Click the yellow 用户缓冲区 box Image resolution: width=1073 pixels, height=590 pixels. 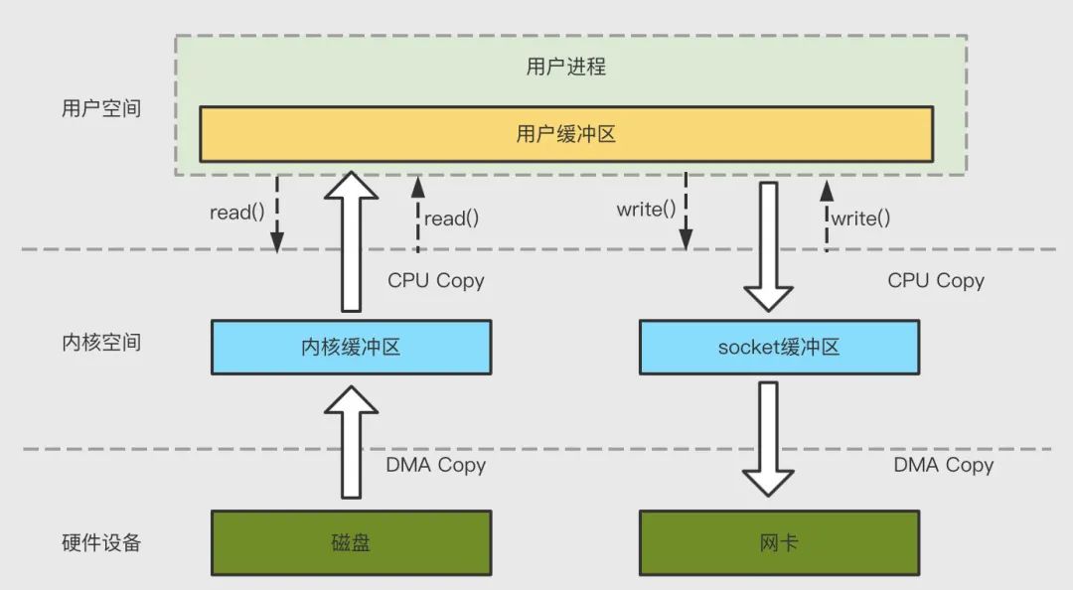[565, 134]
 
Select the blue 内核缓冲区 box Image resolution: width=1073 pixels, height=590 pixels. [351, 347]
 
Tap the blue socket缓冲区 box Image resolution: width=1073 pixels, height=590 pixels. [779, 347]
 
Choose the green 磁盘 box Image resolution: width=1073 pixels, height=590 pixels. [351, 543]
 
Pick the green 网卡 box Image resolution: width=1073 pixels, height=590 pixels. [779, 543]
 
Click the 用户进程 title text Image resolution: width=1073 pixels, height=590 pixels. [565, 68]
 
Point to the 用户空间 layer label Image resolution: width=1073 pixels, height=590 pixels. [101, 108]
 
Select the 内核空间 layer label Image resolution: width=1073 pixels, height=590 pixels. [101, 343]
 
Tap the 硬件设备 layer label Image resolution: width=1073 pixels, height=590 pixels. [101, 542]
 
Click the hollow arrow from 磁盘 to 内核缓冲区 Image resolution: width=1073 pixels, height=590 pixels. [351, 442]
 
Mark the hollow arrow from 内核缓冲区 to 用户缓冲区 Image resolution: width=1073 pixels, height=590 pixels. [351, 243]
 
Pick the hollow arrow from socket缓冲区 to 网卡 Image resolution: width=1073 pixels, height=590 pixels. [769, 437]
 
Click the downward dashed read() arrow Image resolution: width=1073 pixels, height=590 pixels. [277, 214]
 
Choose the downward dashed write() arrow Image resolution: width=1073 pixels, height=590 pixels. [686, 214]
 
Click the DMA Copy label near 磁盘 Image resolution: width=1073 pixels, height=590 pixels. [436, 465]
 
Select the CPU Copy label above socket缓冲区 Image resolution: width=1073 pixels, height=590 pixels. [936, 281]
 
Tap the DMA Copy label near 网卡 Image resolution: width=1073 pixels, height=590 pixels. [943, 465]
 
